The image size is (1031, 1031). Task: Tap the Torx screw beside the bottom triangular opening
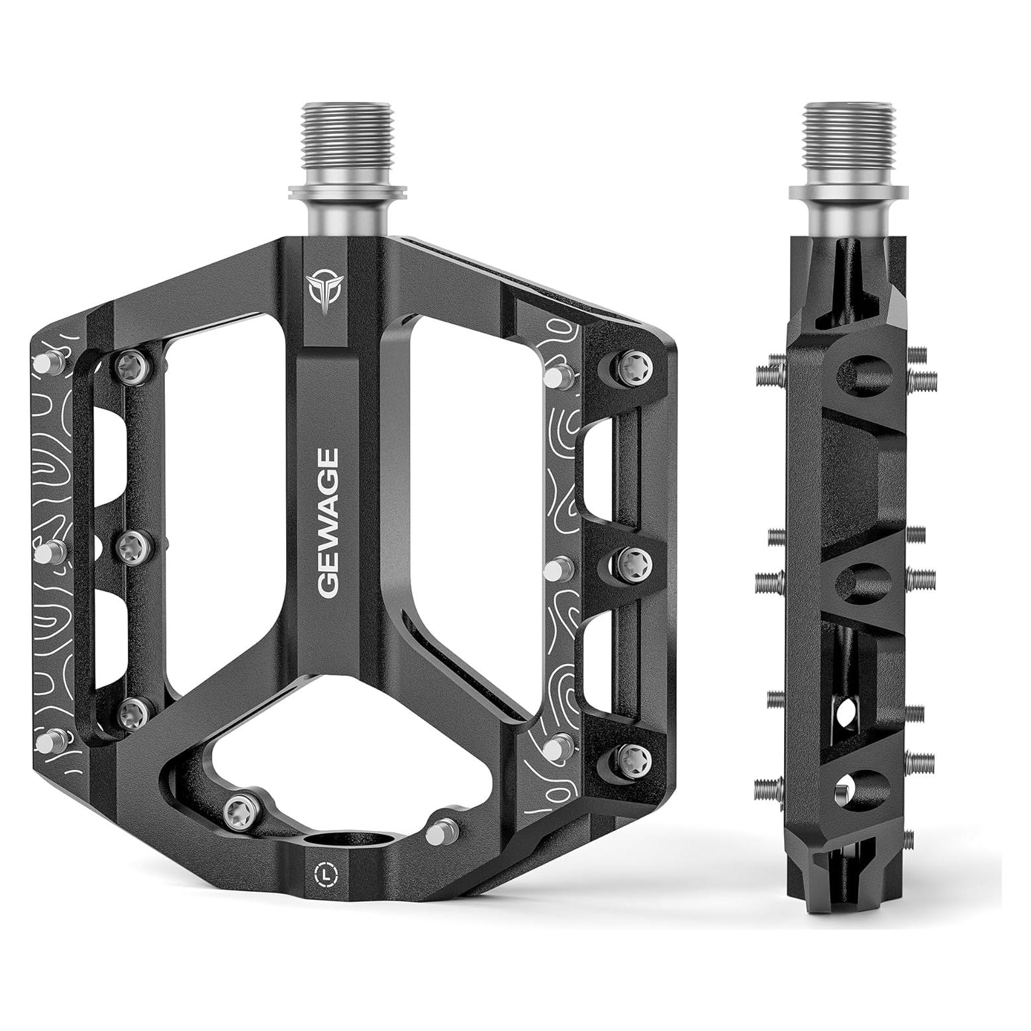[x=236, y=809]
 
